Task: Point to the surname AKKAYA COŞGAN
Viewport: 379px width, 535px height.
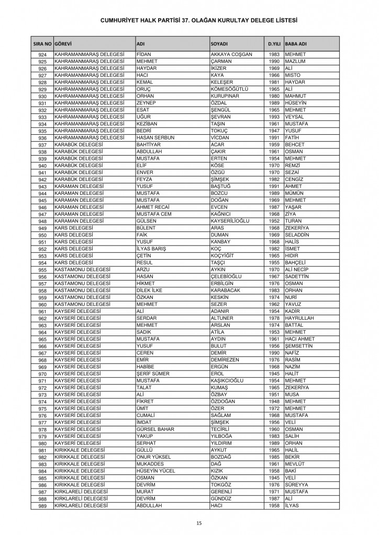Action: coord(231,55)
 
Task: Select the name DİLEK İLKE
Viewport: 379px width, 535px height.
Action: coord(150,290)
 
